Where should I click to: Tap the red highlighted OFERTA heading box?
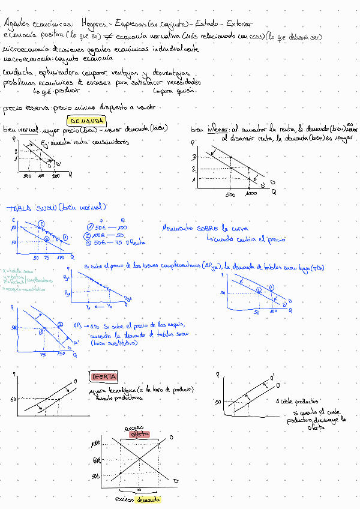[x=103, y=376]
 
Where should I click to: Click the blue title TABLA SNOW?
[x=32, y=208]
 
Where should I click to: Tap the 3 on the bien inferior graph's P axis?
[x=194, y=157]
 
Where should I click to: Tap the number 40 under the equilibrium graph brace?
[x=139, y=490]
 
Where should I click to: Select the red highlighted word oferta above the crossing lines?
[x=139, y=433]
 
